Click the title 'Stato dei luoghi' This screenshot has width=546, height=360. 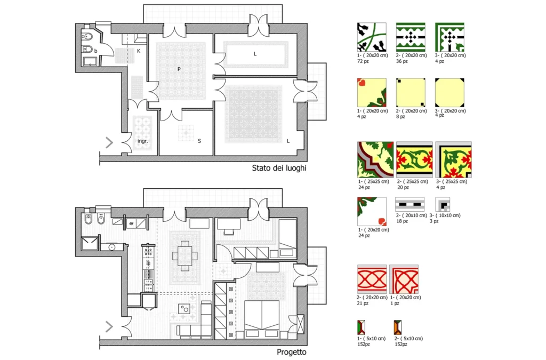click(x=279, y=168)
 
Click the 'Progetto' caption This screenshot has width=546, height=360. click(x=292, y=352)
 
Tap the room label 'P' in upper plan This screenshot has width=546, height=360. click(x=179, y=69)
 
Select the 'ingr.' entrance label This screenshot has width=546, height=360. click(x=143, y=141)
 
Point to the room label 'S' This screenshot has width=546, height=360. click(x=199, y=141)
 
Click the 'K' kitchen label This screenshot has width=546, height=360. click(x=139, y=51)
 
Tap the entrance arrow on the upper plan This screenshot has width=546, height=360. click(x=109, y=142)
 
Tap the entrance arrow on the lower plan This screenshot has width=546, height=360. click(x=109, y=326)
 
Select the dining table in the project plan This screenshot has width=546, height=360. click(x=185, y=256)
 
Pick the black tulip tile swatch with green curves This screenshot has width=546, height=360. click(x=372, y=37)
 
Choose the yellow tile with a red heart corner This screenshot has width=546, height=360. click(x=372, y=93)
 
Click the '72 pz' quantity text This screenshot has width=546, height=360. click(x=363, y=61)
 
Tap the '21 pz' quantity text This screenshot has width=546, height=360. click(x=363, y=303)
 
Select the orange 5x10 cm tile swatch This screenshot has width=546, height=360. click(x=398, y=327)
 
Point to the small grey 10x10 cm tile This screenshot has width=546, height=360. click(x=443, y=204)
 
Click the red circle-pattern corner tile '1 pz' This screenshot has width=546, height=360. click(x=404, y=279)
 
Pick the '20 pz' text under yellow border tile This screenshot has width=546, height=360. click(x=403, y=187)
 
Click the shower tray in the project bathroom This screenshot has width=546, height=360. click(x=90, y=243)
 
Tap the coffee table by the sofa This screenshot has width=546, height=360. click(x=184, y=308)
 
